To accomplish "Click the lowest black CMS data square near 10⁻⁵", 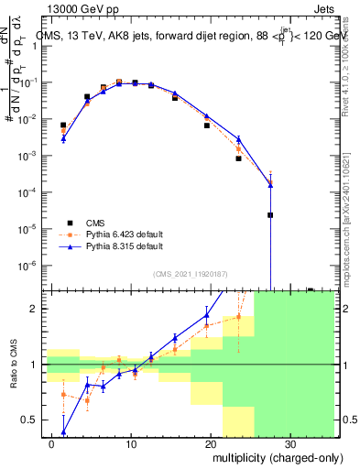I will click(x=270, y=215).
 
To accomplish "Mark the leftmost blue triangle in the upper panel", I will click(x=63, y=138).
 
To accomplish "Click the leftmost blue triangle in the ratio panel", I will click(x=63, y=431).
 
